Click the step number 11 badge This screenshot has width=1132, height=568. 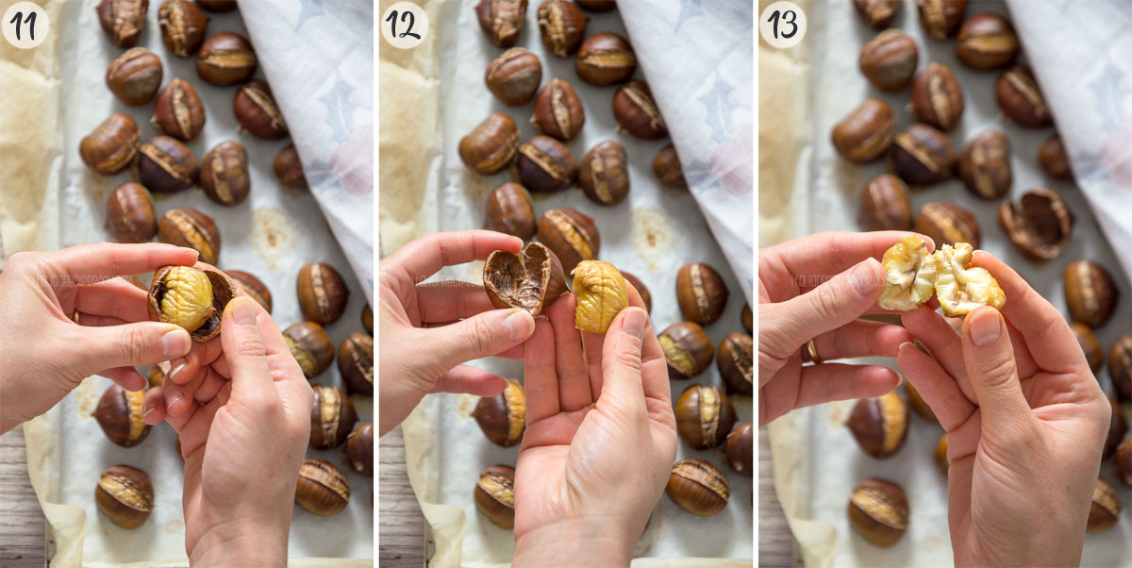pos(25,25)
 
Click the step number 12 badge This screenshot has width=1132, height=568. pos(404,25)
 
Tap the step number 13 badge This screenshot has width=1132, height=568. pos(783,25)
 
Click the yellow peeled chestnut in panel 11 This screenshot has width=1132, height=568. pos(183,297)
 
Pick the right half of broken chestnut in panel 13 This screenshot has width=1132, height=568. pos(967,279)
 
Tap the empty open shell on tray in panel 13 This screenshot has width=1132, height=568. pos(1036,223)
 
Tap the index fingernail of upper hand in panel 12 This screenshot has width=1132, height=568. pos(518,326)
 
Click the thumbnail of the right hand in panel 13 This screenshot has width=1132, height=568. pos(984,326)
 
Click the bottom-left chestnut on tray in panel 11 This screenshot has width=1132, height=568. pos(124,495)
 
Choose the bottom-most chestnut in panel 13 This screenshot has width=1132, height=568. pos(878,511)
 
